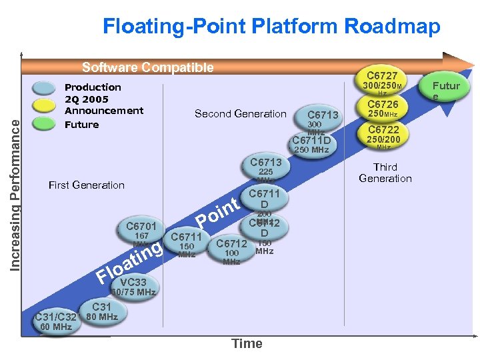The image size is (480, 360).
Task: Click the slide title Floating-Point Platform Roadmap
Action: pyautogui.click(x=271, y=27)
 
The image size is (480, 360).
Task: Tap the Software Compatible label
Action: pyautogui.click(x=147, y=67)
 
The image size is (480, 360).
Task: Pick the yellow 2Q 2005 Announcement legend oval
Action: pyautogui.click(x=44, y=106)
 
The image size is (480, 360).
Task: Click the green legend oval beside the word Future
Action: pyautogui.click(x=44, y=124)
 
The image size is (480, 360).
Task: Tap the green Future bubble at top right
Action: pyautogui.click(x=446, y=90)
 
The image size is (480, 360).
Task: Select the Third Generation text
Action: pyautogui.click(x=385, y=173)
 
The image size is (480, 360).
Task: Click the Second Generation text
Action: pyautogui.click(x=240, y=114)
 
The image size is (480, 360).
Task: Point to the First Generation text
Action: pyautogui.click(x=87, y=185)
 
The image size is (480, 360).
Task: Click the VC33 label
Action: pyautogui.click(x=133, y=283)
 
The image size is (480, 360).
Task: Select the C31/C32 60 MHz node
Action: pyautogui.click(x=56, y=321)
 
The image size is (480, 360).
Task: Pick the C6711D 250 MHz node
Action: pyautogui.click(x=311, y=143)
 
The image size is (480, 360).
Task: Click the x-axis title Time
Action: pyautogui.click(x=247, y=343)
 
